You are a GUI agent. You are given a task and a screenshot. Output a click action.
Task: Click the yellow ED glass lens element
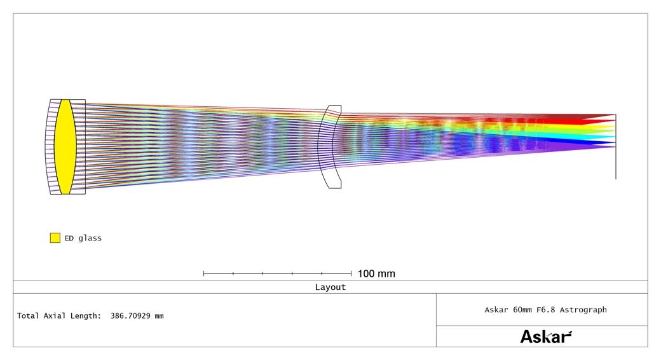click(65, 147)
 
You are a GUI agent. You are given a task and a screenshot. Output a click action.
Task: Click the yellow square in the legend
click(55, 238)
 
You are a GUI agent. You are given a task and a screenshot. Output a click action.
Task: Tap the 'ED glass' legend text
click(83, 238)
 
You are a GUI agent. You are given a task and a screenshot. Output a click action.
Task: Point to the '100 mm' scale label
click(376, 273)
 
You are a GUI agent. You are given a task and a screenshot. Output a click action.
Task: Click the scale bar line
click(277, 273)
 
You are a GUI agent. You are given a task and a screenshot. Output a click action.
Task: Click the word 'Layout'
click(330, 287)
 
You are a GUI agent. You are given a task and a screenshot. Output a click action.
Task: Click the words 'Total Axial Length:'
click(59, 315)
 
